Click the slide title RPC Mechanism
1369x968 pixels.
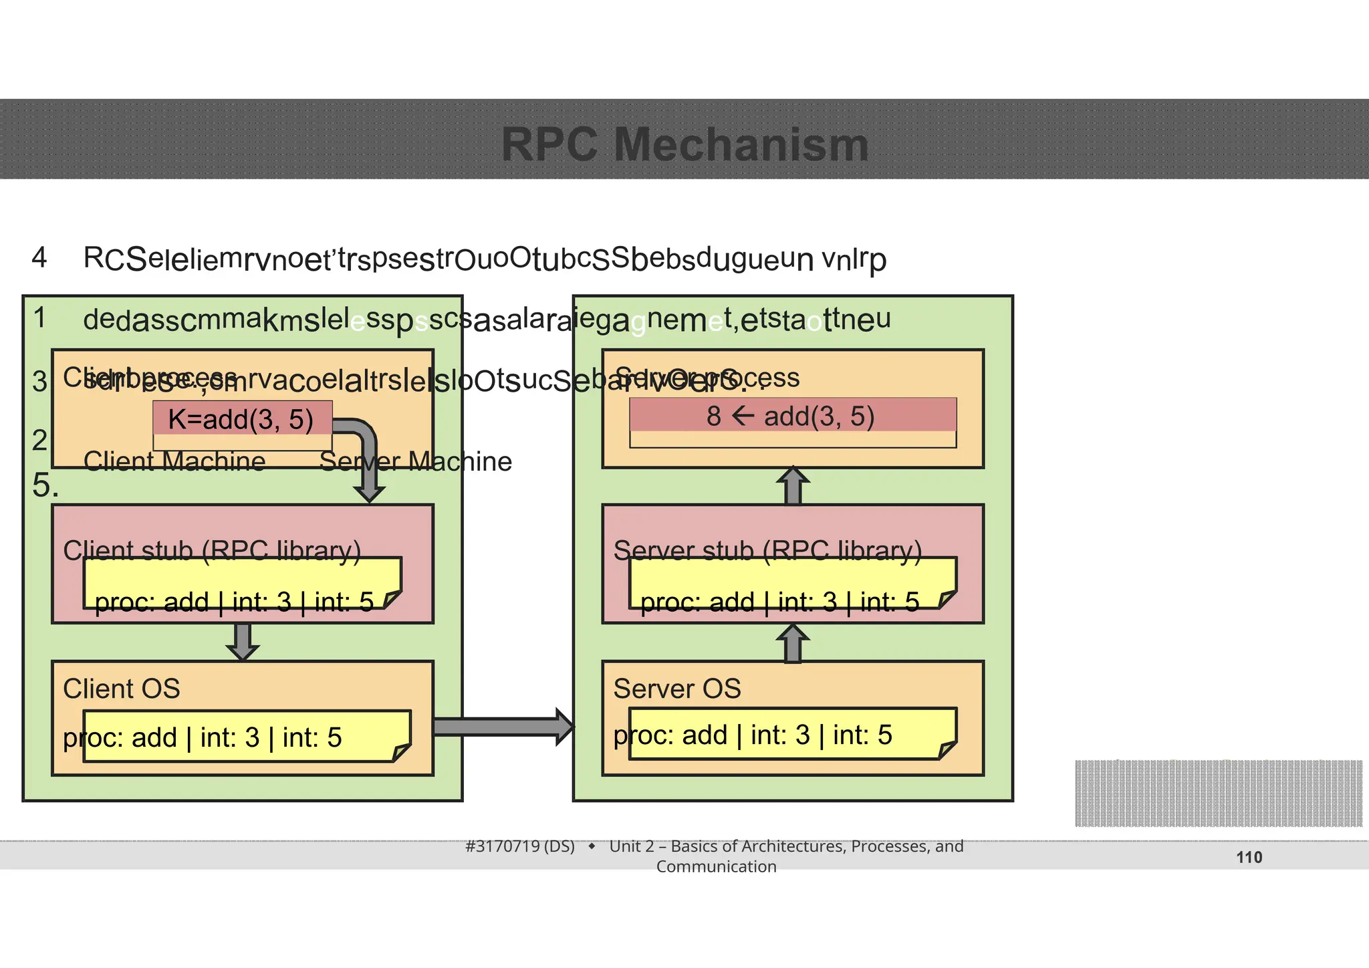pos(684,144)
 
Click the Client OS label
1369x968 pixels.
pos(121,689)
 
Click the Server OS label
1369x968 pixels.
pos(676,689)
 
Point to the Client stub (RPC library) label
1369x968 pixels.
pos(211,550)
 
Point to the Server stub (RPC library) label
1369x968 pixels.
pos(767,550)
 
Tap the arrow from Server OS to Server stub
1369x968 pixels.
pos(792,643)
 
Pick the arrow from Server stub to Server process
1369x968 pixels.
pos(792,486)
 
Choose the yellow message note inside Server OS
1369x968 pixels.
pos(792,734)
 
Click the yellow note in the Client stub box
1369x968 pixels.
pos(241,583)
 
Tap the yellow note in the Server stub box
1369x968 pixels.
pos(792,583)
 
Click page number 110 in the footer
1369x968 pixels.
pos(1249,857)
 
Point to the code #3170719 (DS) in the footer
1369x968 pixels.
pos(519,846)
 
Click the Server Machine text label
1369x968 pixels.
pos(415,461)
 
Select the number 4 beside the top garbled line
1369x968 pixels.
pos(39,257)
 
